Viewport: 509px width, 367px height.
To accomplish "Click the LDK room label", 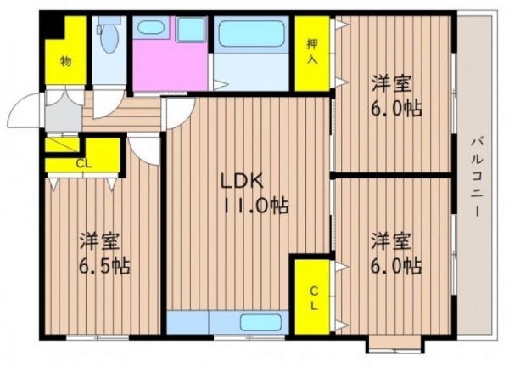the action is pyautogui.click(x=242, y=182).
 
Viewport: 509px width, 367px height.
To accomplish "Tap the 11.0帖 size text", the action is pyautogui.click(x=256, y=206).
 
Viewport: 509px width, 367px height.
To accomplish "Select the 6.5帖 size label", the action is pyautogui.click(x=104, y=266).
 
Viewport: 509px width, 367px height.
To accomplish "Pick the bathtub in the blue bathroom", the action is pyautogui.click(x=252, y=34).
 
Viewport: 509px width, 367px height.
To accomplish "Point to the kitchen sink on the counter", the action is pyautogui.click(x=260, y=323).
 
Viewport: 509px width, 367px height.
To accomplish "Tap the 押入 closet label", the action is pyautogui.click(x=312, y=53).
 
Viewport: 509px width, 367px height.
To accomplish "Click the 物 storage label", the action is pyautogui.click(x=66, y=61).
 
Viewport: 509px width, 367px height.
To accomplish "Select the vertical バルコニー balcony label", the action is pyautogui.click(x=477, y=178).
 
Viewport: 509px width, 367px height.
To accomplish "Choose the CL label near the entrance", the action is pyautogui.click(x=84, y=164).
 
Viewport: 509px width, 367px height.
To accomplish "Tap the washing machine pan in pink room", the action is pyautogui.click(x=191, y=30).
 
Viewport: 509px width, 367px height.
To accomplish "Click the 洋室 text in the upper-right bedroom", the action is pyautogui.click(x=391, y=84).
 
